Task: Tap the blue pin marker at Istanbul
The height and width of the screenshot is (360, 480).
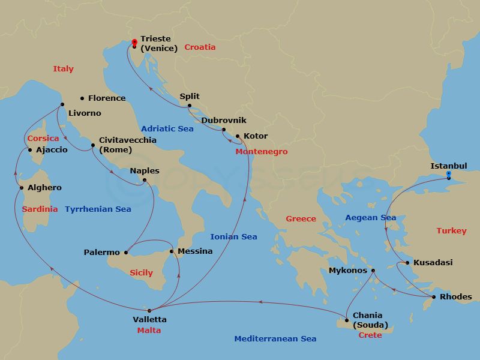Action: point(448,175)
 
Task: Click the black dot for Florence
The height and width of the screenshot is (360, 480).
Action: point(82,98)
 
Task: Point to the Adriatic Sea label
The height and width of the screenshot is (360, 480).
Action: point(167,128)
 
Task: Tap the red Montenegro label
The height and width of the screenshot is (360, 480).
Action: point(261,152)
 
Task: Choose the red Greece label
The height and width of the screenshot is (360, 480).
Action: point(301,219)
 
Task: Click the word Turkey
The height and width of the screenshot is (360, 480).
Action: point(451,231)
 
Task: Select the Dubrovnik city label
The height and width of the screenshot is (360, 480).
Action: point(224,120)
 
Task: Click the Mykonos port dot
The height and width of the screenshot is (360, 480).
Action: point(373,271)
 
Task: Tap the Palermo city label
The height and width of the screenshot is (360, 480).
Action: point(102,253)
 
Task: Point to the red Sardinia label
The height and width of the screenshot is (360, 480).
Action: point(40,209)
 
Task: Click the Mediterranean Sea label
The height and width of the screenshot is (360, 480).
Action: point(275,339)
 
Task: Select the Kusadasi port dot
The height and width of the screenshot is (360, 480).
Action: point(407,263)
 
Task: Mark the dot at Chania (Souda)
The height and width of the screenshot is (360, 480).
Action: point(347,320)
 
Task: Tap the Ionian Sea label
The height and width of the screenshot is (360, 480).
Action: point(233,237)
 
